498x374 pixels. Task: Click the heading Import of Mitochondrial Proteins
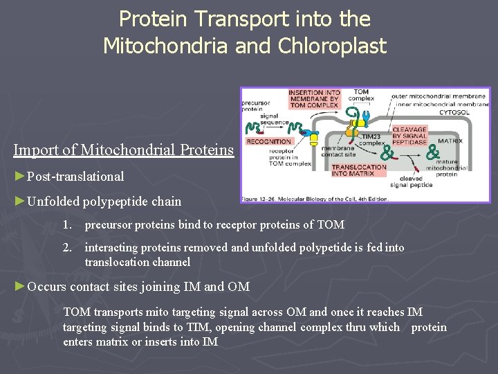[x=124, y=150]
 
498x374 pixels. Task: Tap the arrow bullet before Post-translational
[x=19, y=176]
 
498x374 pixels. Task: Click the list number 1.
[x=66, y=224]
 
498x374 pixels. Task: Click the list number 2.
[x=66, y=247]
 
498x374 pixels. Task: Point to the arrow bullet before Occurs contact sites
[x=19, y=286]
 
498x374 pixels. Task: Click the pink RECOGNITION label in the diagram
[x=266, y=141]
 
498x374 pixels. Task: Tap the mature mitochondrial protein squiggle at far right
[x=433, y=151]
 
